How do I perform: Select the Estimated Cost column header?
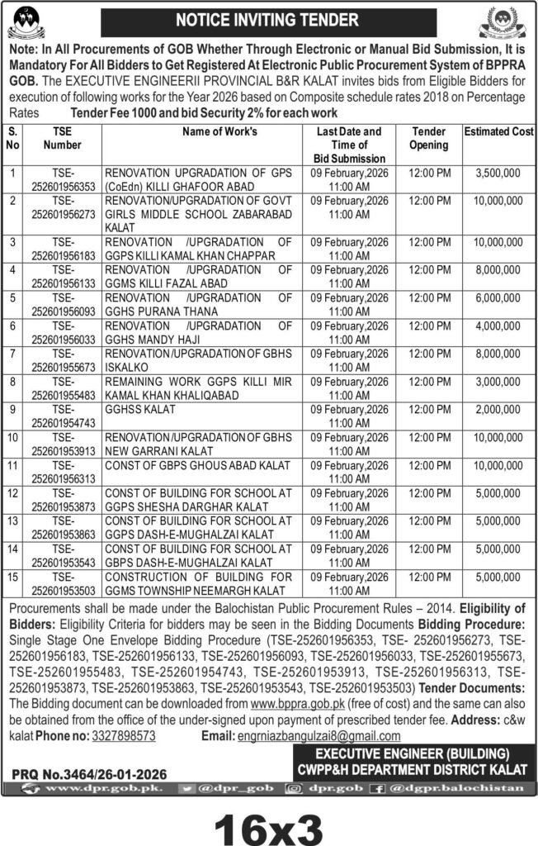tap(498, 131)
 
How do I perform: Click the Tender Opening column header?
tap(429, 138)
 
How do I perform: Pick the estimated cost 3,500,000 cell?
tap(498, 173)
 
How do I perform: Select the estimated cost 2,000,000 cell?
tap(498, 408)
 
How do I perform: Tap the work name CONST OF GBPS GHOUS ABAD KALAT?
tap(197, 465)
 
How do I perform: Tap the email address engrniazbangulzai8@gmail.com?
tap(317, 734)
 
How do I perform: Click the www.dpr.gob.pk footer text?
tap(106, 789)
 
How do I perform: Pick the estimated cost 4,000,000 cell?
tap(498, 326)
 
